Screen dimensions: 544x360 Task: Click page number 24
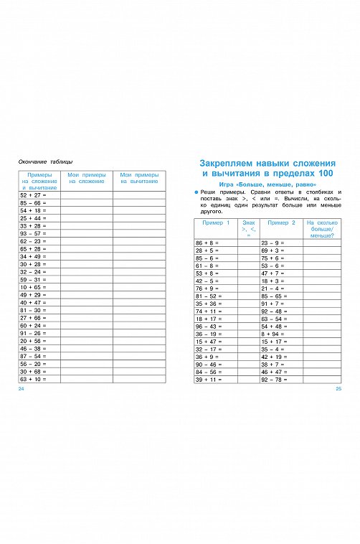22,388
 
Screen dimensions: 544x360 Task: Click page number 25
338,388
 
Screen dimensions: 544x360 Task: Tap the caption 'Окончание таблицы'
45,161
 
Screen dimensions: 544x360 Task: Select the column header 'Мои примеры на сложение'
86,178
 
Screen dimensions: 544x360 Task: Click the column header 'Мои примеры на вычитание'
139,178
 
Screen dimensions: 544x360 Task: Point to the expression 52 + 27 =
33,195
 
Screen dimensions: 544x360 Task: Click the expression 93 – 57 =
33,233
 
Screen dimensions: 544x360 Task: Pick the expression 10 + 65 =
33,287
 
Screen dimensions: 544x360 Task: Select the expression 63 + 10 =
33,378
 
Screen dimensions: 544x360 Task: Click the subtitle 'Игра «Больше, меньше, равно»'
269,185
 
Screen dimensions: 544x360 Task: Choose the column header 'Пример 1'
216,223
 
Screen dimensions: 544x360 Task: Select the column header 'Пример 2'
280,223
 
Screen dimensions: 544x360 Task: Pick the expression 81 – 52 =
209,296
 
